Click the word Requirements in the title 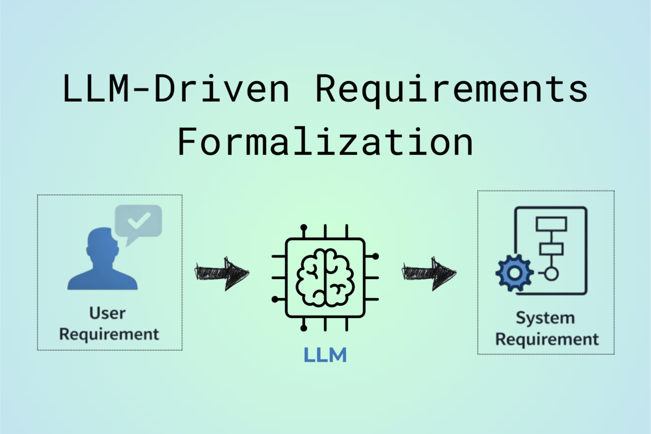click(x=451, y=89)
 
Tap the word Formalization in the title click(x=325, y=142)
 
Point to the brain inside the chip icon click(x=325, y=278)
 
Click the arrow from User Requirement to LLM click(x=222, y=273)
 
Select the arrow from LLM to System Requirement click(x=429, y=273)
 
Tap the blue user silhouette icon click(x=103, y=263)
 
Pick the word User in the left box click(x=107, y=313)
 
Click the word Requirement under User click(x=109, y=334)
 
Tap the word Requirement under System click(x=547, y=339)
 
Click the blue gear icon click(x=514, y=273)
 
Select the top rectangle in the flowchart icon click(x=551, y=224)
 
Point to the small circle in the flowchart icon click(x=551, y=274)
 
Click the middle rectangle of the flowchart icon click(x=551, y=249)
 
